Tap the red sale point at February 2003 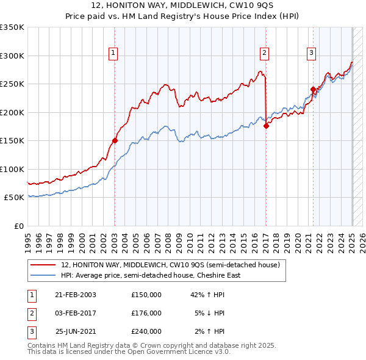115,140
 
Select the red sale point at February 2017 266,126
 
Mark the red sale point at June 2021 313,89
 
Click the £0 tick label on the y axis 18,226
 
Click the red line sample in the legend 44,265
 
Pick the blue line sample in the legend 44,275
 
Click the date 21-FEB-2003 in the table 76,295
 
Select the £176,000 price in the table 146,313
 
